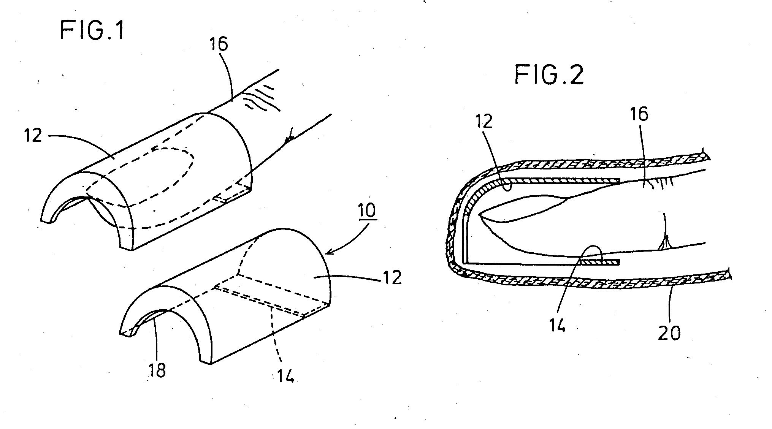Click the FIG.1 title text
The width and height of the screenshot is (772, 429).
pyautogui.click(x=92, y=31)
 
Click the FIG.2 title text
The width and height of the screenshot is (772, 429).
pyautogui.click(x=549, y=74)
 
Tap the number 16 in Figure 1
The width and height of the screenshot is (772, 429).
pyautogui.click(x=218, y=44)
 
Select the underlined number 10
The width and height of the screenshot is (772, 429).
pyautogui.click(x=367, y=211)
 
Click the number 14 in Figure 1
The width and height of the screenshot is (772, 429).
pyautogui.click(x=285, y=375)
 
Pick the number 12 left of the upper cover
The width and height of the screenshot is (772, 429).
pyautogui.click(x=33, y=135)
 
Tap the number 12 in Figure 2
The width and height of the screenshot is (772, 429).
pyautogui.click(x=483, y=121)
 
